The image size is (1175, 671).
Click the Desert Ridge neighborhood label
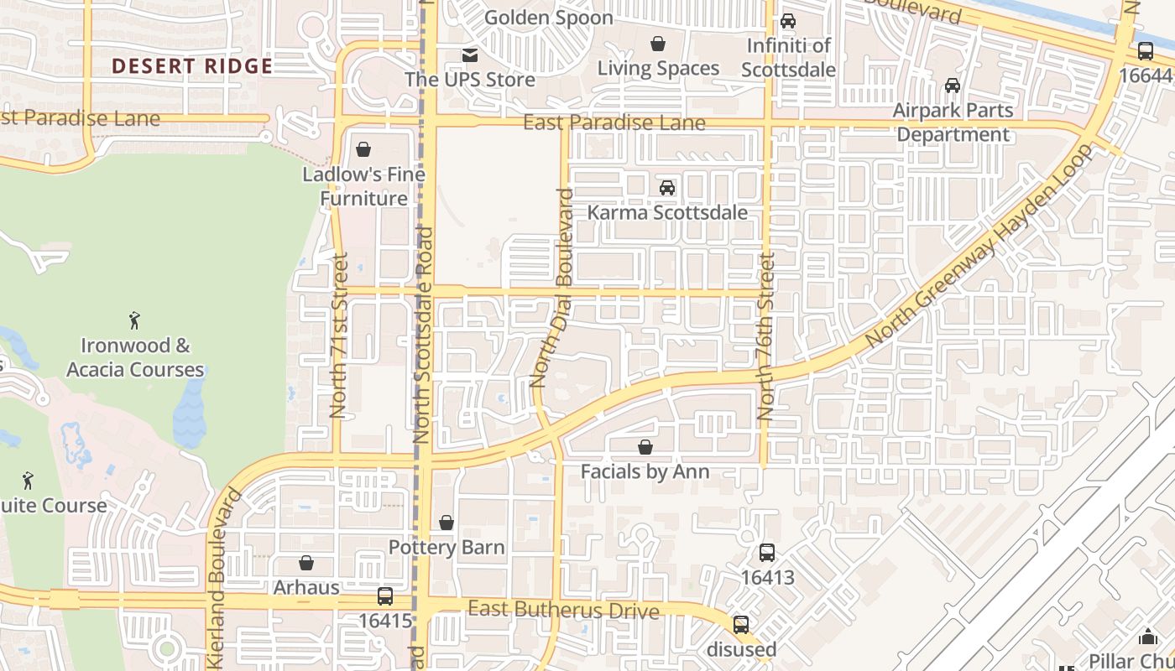click(192, 66)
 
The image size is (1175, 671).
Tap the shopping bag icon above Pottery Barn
click(446, 523)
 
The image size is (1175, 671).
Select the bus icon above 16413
click(766, 553)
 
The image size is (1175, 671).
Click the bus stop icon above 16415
click(384, 596)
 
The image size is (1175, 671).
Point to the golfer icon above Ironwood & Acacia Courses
click(134, 320)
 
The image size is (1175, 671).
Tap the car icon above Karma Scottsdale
click(667, 188)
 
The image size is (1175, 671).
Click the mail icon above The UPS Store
click(470, 55)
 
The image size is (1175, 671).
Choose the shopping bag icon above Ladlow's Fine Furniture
click(363, 150)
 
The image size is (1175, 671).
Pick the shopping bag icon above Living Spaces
click(658, 44)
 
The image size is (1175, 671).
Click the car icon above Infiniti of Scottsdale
click(788, 21)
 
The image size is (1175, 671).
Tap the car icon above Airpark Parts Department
click(953, 86)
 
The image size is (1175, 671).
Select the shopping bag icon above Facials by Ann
click(645, 447)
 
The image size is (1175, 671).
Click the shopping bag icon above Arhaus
click(306, 563)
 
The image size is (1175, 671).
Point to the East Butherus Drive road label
click(563, 610)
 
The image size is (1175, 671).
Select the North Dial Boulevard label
click(552, 289)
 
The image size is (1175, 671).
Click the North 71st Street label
click(338, 335)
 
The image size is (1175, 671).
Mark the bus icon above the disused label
click(740, 625)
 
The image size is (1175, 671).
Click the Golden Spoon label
click(549, 17)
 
